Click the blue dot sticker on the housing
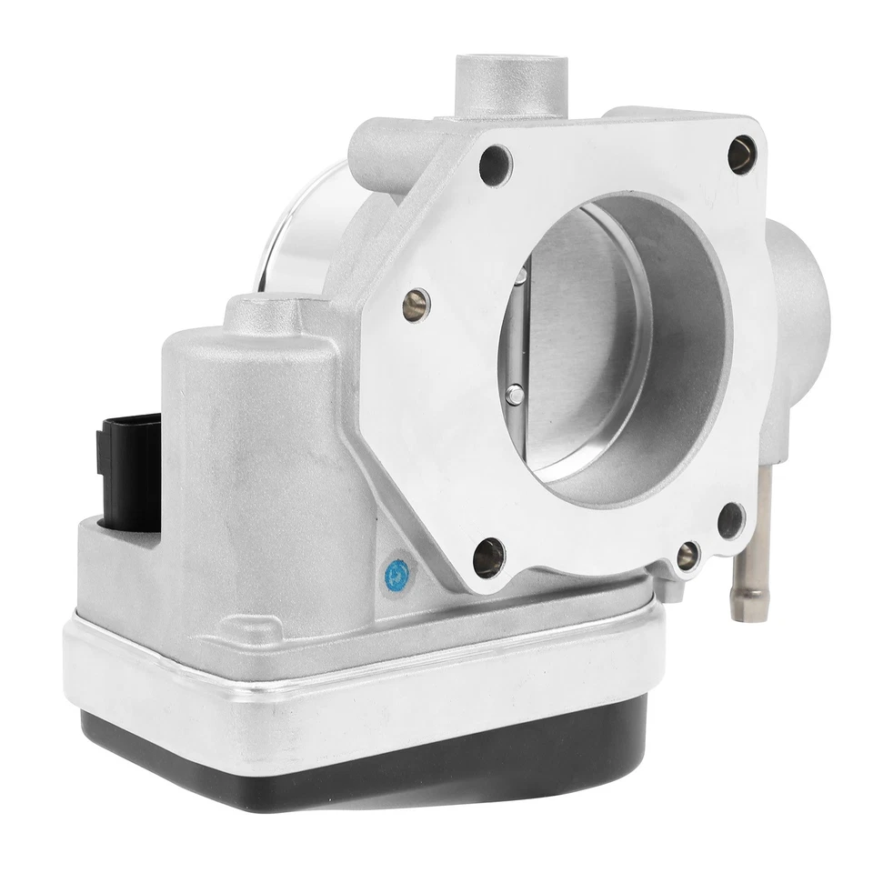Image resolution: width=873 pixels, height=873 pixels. pyautogui.click(x=396, y=574)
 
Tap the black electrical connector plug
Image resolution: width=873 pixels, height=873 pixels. pyautogui.click(x=128, y=468)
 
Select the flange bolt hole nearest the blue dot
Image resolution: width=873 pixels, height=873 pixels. pyautogui.click(x=488, y=556)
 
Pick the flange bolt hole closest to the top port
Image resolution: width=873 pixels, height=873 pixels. pyautogui.click(x=496, y=165)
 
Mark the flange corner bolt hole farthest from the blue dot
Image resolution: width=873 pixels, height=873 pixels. pyautogui.click(x=742, y=155)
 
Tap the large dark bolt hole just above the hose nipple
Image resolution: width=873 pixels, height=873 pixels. pyautogui.click(x=730, y=520)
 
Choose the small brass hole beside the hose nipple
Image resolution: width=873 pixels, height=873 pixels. pyautogui.click(x=687, y=555)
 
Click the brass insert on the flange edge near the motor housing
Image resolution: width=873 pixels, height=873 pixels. pyautogui.click(x=416, y=305)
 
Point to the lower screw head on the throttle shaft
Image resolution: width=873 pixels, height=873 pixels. pyautogui.click(x=515, y=393)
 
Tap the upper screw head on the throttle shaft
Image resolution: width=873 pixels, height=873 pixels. pyautogui.click(x=521, y=274)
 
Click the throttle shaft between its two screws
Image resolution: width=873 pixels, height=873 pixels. pyautogui.click(x=516, y=335)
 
